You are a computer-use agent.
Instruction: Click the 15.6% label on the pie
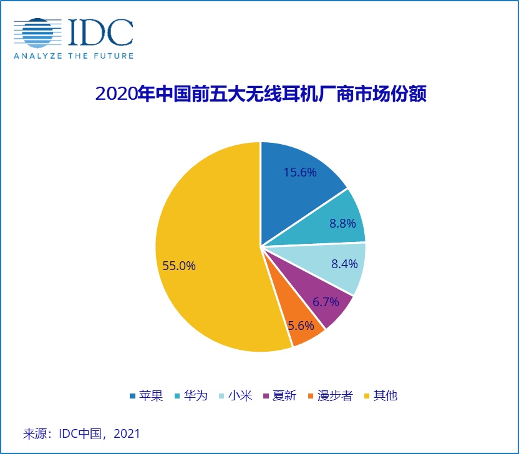[x=300, y=173]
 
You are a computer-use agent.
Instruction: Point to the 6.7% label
[x=326, y=302]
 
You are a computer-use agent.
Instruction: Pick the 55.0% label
[x=179, y=266]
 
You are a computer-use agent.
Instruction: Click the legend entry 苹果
[x=146, y=395]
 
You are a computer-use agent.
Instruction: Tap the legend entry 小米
[x=235, y=395]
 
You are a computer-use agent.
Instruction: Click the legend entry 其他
[x=379, y=395]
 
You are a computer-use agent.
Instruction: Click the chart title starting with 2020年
[x=260, y=95]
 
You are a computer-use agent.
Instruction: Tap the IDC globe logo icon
[x=39, y=32]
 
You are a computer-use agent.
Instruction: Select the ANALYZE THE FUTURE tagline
[x=73, y=56]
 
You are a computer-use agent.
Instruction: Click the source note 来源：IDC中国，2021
[x=81, y=433]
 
